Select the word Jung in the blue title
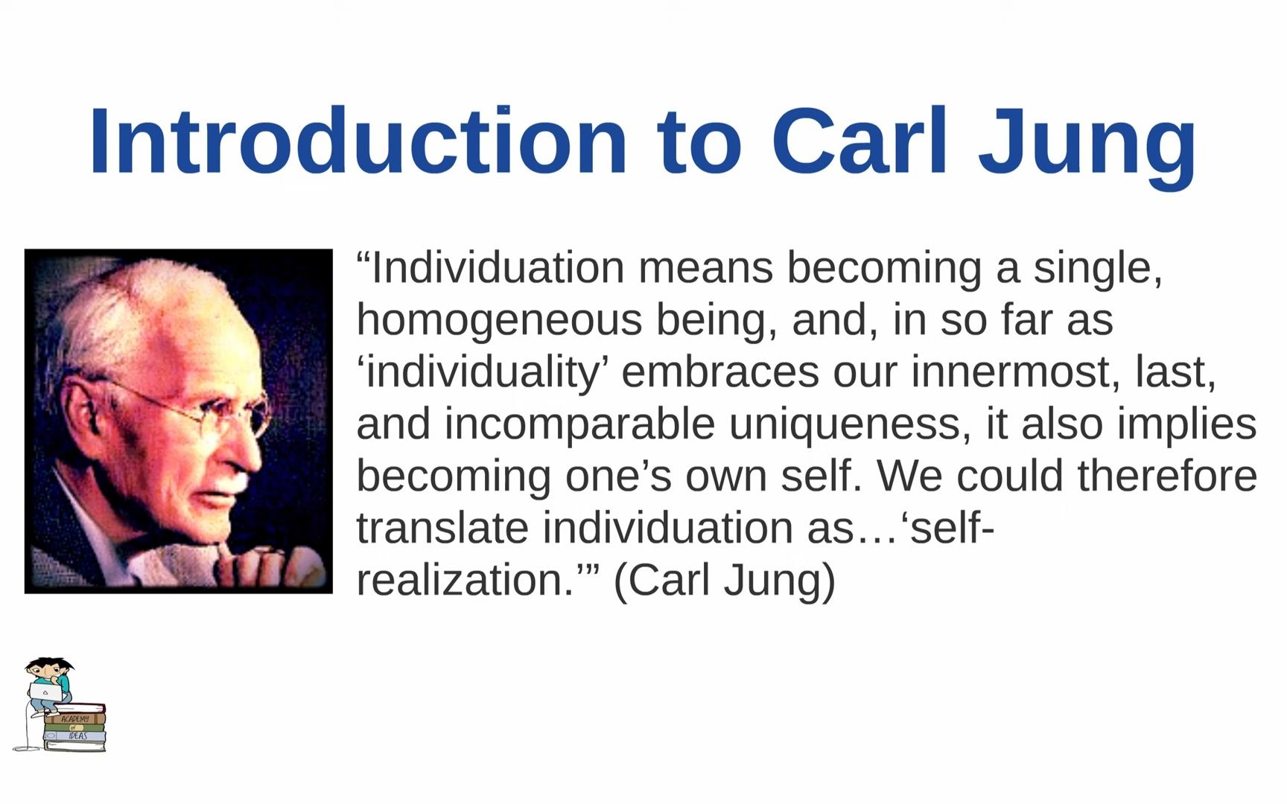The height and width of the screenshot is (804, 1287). click(x=1087, y=145)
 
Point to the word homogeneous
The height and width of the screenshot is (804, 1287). click(x=499, y=321)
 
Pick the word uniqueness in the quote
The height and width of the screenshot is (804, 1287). click(x=850, y=424)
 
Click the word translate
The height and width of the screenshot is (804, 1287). click(x=442, y=528)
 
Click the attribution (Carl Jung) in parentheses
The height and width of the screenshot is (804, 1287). click(x=724, y=580)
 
